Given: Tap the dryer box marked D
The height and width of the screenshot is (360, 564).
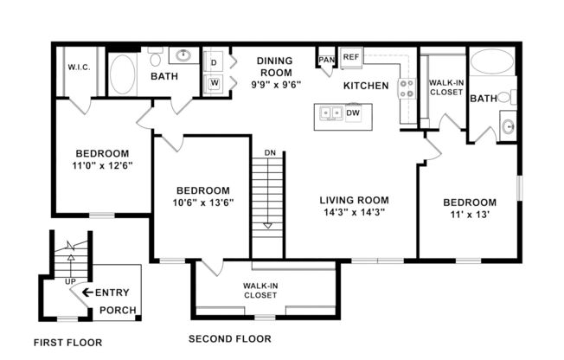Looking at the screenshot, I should [214, 62].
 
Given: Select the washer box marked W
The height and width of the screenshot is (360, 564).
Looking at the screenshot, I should [214, 84].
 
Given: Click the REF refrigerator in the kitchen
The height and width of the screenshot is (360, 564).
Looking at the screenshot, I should [350, 57].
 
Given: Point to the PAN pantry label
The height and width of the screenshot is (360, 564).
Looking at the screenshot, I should [326, 60].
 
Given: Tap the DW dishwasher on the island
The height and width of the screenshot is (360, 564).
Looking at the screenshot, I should [353, 112].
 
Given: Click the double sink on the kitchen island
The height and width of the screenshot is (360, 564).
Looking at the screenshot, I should [330, 112].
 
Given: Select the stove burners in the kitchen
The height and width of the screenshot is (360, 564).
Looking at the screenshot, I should [405, 88].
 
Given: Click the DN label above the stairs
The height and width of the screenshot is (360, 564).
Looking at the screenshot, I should [269, 152].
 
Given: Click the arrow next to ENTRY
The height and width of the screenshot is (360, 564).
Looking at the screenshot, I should [87, 292].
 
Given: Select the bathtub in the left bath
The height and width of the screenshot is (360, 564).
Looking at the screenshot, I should [124, 75].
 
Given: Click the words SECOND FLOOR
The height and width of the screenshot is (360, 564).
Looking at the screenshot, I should [230, 338].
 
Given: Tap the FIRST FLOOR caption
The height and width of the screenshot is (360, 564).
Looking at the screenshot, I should [68, 342].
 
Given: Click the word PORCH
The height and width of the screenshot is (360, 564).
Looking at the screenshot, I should [117, 311].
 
